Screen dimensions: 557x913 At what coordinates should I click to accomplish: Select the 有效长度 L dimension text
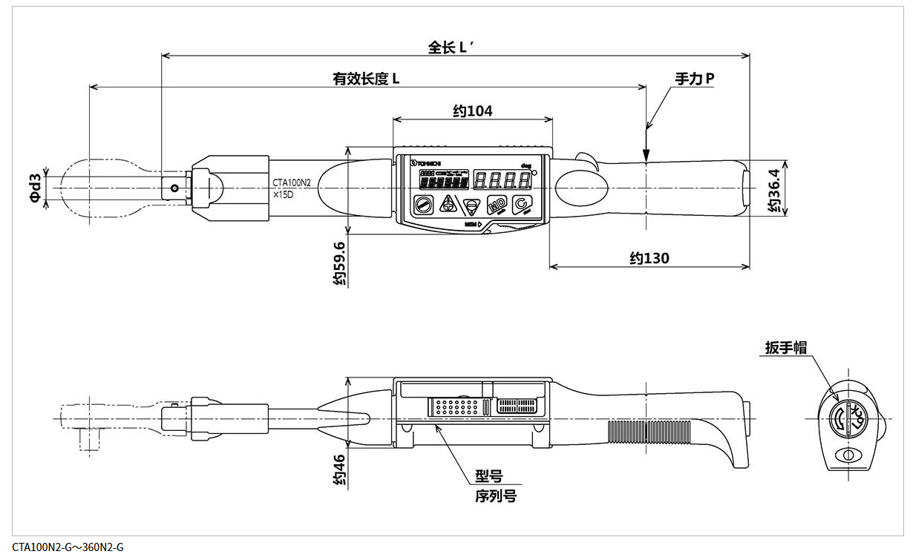tap(366, 78)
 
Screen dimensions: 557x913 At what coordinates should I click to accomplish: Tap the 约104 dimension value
tap(472, 111)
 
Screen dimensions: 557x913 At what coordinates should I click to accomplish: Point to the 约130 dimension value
tap(649, 258)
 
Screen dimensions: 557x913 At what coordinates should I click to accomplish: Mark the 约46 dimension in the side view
tap(338, 469)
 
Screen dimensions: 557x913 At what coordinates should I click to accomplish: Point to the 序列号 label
tap(495, 496)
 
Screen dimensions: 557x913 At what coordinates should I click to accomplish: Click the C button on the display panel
tap(522, 205)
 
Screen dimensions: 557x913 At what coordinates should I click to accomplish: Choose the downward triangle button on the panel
tap(471, 205)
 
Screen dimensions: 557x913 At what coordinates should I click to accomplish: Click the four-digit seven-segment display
tap(500, 179)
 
